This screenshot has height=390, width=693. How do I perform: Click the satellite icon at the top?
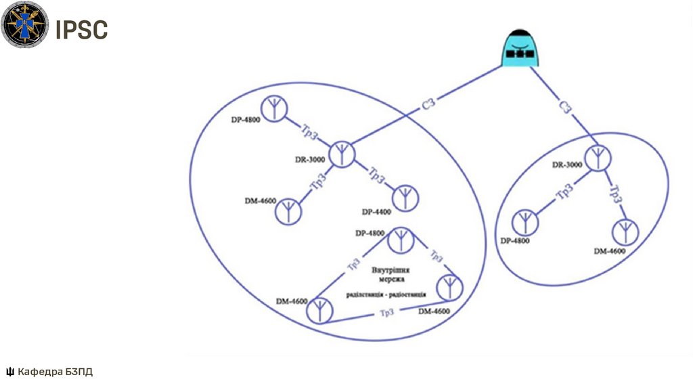tap(520, 49)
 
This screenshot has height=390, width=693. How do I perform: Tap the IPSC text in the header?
tap(81, 30)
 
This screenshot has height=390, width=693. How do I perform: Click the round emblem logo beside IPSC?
tap(24, 25)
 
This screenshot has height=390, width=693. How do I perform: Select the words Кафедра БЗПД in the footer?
tap(55, 371)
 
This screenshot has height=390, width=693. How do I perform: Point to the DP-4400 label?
tap(377, 212)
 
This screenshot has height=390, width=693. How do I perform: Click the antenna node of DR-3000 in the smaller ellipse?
tap(597, 157)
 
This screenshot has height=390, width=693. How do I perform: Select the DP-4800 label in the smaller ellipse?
tap(515, 240)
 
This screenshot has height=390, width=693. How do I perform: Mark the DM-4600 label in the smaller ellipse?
tap(610, 251)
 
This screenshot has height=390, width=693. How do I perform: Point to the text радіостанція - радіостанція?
tap(386, 295)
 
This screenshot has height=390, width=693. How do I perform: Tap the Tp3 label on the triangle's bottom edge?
tap(386, 312)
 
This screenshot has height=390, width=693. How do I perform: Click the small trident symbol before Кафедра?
tap(9, 371)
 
